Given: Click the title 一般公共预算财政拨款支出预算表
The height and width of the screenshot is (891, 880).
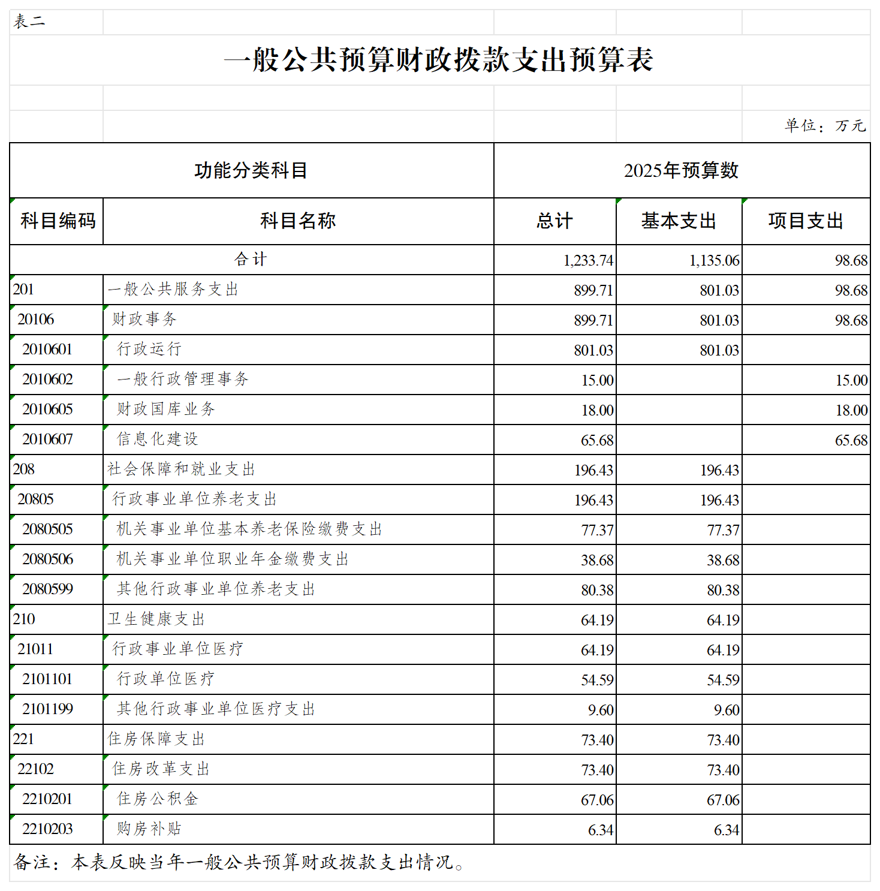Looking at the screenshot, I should click(439, 60).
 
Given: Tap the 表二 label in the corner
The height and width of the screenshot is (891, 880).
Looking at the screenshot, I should click(29, 22).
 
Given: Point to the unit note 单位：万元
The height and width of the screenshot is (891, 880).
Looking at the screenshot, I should click(825, 125).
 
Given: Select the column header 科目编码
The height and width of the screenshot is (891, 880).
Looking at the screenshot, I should click(58, 221).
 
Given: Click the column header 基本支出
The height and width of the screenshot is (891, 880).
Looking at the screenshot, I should click(679, 221).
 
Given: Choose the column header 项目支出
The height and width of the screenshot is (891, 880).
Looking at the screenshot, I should click(806, 221).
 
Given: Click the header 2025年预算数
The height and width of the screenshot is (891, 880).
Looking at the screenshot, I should click(681, 170).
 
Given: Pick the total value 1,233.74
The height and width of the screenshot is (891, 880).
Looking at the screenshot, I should click(588, 260).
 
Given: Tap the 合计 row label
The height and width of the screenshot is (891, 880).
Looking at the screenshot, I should click(251, 259).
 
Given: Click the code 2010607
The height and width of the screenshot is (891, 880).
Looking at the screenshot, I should click(47, 440).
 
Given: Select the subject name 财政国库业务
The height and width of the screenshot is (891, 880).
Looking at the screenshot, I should click(165, 409).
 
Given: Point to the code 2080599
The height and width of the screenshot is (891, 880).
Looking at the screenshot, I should click(47, 589).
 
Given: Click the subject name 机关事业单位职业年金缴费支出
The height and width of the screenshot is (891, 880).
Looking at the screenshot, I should click(233, 559).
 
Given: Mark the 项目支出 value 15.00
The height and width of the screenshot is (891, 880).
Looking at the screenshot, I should click(851, 380).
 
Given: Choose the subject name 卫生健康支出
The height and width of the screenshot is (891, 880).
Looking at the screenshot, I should click(156, 619).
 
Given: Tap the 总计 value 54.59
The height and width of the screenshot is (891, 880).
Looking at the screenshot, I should click(597, 680).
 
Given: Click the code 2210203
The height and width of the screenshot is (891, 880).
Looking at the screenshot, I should click(47, 829).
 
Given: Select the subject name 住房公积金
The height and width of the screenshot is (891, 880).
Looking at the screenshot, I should click(157, 799).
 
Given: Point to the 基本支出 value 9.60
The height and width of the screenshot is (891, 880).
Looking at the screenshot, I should click(727, 710).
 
